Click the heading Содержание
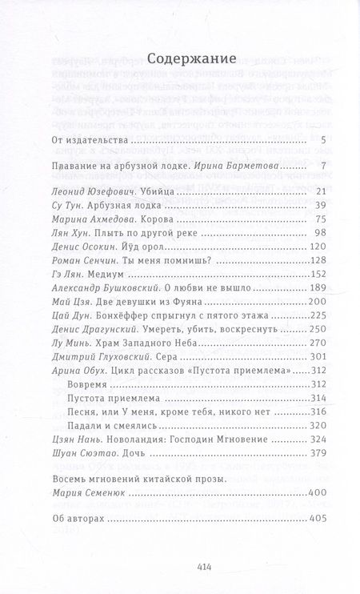pos(179,58)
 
